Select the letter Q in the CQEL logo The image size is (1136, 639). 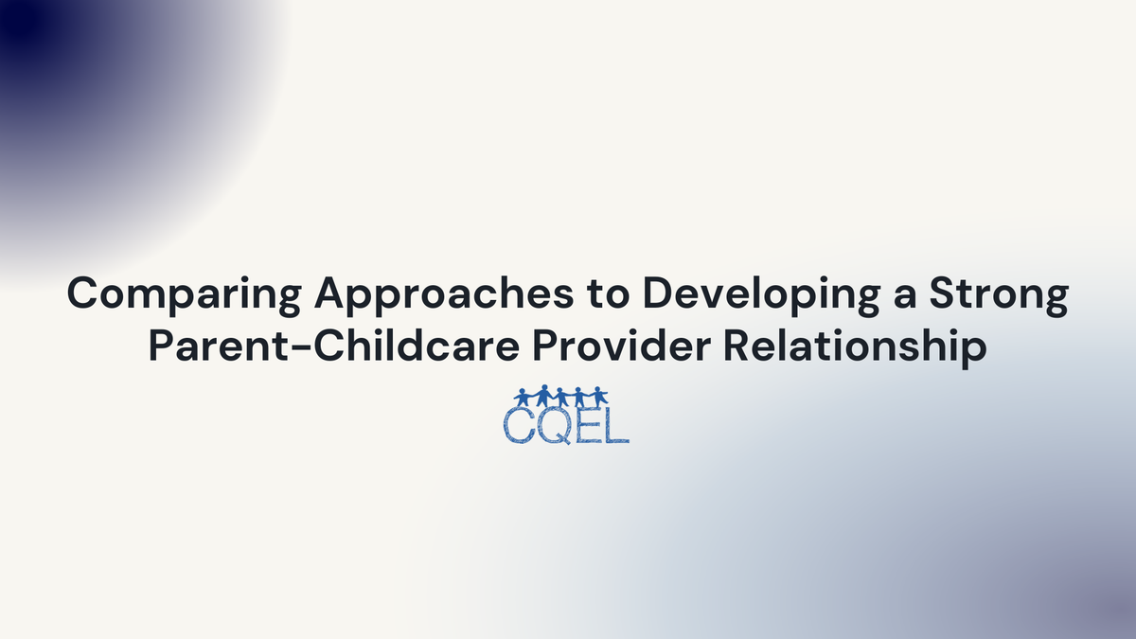point(554,424)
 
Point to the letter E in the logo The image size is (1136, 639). point(587,425)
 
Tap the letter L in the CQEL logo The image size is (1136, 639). point(615,425)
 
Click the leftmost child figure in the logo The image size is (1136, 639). point(523,398)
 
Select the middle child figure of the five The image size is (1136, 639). point(560,398)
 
